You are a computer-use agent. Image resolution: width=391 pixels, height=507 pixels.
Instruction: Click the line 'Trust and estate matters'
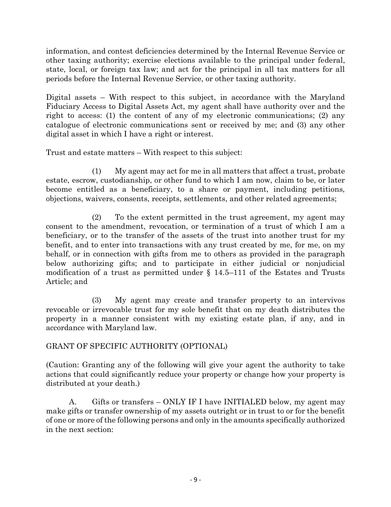(x=144, y=153)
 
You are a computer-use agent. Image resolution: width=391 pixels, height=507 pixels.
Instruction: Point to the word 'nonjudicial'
(x=325, y=263)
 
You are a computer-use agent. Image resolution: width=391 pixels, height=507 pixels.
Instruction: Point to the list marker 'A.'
(x=73, y=402)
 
